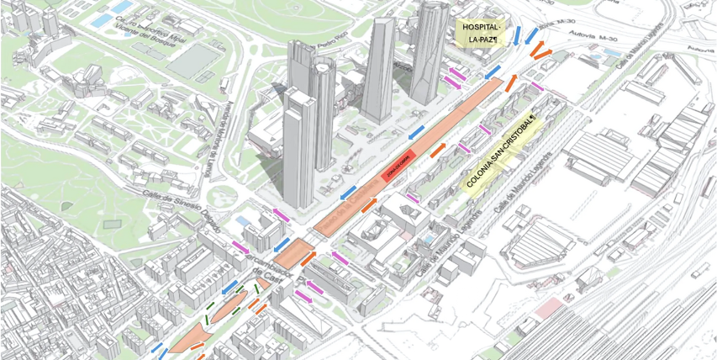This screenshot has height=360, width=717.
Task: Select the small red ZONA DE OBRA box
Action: tap(397, 172)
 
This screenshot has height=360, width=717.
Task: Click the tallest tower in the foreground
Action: tap(298, 151)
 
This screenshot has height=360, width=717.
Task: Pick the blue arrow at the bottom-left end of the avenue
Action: tap(158, 348)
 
